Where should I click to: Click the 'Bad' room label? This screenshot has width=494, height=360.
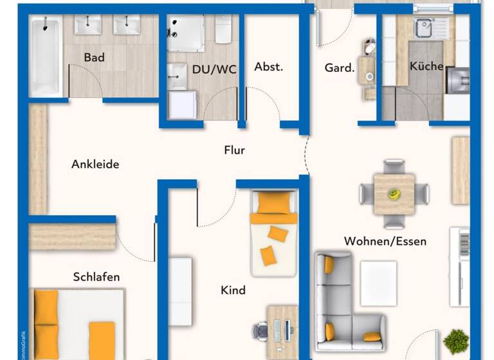(94, 58)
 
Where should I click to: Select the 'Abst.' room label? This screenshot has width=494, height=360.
(268, 67)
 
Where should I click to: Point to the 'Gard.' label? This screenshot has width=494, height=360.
(340, 67)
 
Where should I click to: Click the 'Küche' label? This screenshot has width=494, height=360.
(426, 66)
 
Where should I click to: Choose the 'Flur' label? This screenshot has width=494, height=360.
(234, 150)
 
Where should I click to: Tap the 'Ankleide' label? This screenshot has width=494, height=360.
(95, 164)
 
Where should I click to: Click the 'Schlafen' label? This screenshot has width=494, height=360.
(96, 277)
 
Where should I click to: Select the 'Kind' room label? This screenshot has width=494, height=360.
(233, 290)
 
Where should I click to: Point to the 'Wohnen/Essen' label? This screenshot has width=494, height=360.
(385, 241)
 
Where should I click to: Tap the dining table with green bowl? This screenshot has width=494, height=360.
(394, 193)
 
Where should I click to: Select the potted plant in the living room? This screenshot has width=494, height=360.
(455, 340)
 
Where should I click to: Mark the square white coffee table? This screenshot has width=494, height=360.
(378, 283)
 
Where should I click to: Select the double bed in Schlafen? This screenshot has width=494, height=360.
(77, 325)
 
